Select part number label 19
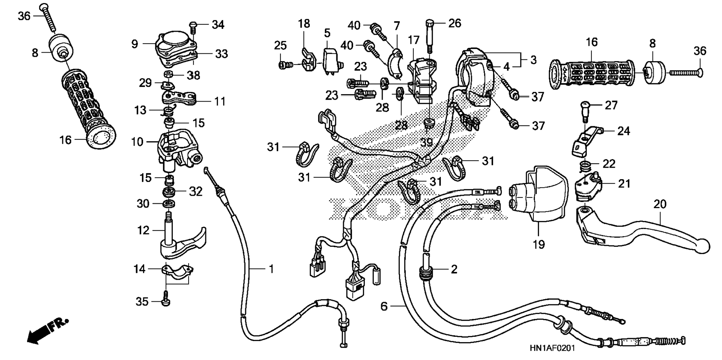[539, 245]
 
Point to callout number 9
[135, 44]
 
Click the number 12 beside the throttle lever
[143, 230]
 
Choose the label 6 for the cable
[384, 306]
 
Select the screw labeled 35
[165, 301]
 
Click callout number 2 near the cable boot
[454, 269]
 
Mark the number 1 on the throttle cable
[271, 269]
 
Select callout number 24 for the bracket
[623, 131]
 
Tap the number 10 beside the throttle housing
[137, 142]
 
